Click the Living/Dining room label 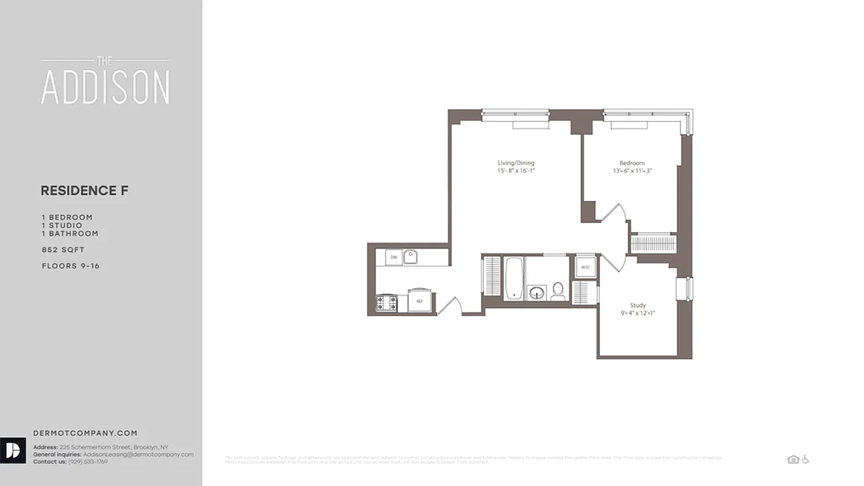[x=516, y=163]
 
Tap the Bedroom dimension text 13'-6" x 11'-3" [x=632, y=171]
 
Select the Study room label [x=638, y=305]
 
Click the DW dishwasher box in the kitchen [x=393, y=258]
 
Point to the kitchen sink [x=411, y=257]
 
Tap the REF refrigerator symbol [x=420, y=301]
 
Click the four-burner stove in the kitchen [x=386, y=303]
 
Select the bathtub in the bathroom [x=513, y=278]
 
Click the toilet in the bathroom [x=558, y=292]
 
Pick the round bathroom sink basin [x=537, y=293]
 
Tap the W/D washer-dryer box [x=585, y=267]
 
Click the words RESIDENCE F [x=85, y=191]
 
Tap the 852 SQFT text [x=63, y=250]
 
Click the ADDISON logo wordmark [x=105, y=86]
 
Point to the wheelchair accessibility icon [x=806, y=459]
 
